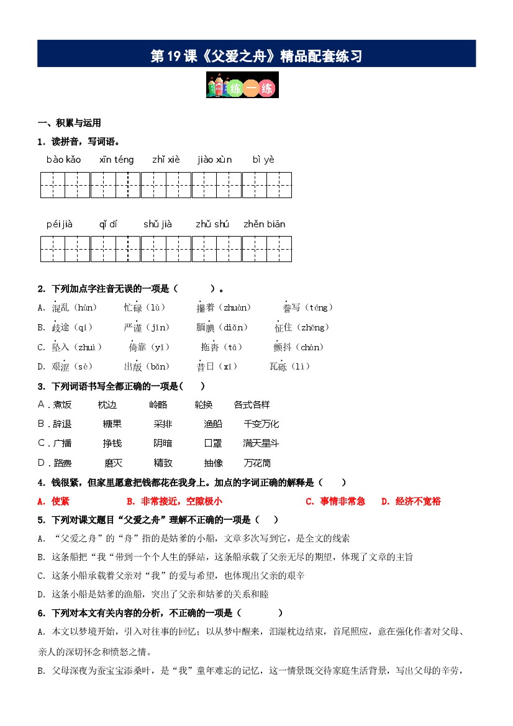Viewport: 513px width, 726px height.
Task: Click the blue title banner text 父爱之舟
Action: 256,57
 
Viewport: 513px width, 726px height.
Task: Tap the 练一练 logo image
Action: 242,85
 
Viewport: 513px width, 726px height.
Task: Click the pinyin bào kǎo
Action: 63,160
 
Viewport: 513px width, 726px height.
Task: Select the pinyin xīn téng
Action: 116,160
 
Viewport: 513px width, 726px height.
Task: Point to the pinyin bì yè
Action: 263,160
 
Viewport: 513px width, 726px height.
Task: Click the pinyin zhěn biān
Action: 264,224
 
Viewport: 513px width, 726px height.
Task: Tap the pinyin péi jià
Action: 60,224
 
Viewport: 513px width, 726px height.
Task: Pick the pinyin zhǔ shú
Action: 212,224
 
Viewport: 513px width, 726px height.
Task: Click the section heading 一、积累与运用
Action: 70,123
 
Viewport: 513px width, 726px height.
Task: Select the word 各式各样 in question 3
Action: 252,405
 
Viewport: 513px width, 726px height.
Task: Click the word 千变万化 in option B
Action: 261,424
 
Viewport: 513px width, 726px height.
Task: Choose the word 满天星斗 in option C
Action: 261,443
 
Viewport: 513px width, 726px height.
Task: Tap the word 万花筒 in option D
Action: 257,463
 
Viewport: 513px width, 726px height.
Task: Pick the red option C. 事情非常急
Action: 335,501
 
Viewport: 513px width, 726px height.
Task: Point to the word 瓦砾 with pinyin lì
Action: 278,367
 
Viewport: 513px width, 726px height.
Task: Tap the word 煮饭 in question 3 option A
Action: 62,405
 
